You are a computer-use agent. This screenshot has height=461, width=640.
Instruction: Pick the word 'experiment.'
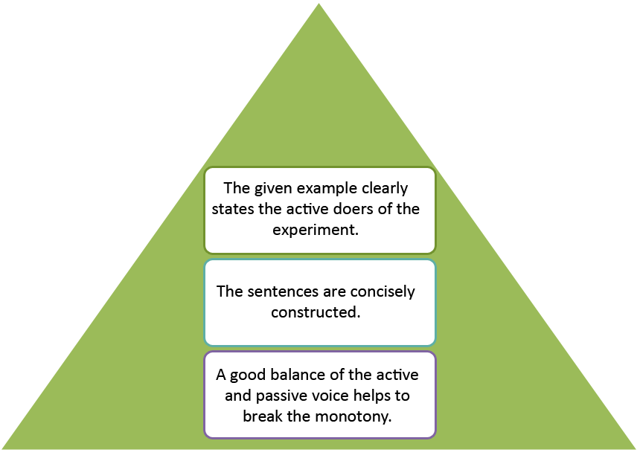click(x=316, y=230)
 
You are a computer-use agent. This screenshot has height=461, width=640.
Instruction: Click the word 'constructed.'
click(x=316, y=312)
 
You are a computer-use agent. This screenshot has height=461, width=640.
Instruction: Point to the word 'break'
click(x=263, y=416)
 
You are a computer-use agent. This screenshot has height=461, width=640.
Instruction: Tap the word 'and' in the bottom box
click(x=238, y=396)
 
